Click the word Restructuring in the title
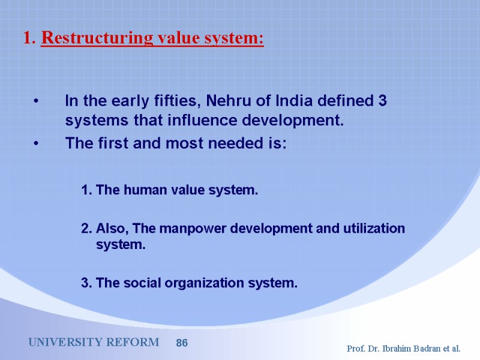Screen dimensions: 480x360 [97, 38]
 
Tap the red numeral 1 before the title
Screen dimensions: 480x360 [28, 38]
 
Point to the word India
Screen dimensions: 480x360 [294, 101]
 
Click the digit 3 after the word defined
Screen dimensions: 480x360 [383, 101]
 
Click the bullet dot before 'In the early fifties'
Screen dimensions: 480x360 [36, 101]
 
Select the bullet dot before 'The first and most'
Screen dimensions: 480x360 [36, 143]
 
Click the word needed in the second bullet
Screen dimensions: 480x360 [235, 143]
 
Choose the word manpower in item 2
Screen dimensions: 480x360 [193, 229]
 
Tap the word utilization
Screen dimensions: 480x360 [374, 229]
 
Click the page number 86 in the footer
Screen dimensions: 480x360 [182, 343]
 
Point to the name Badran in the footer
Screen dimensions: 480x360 [427, 349]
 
